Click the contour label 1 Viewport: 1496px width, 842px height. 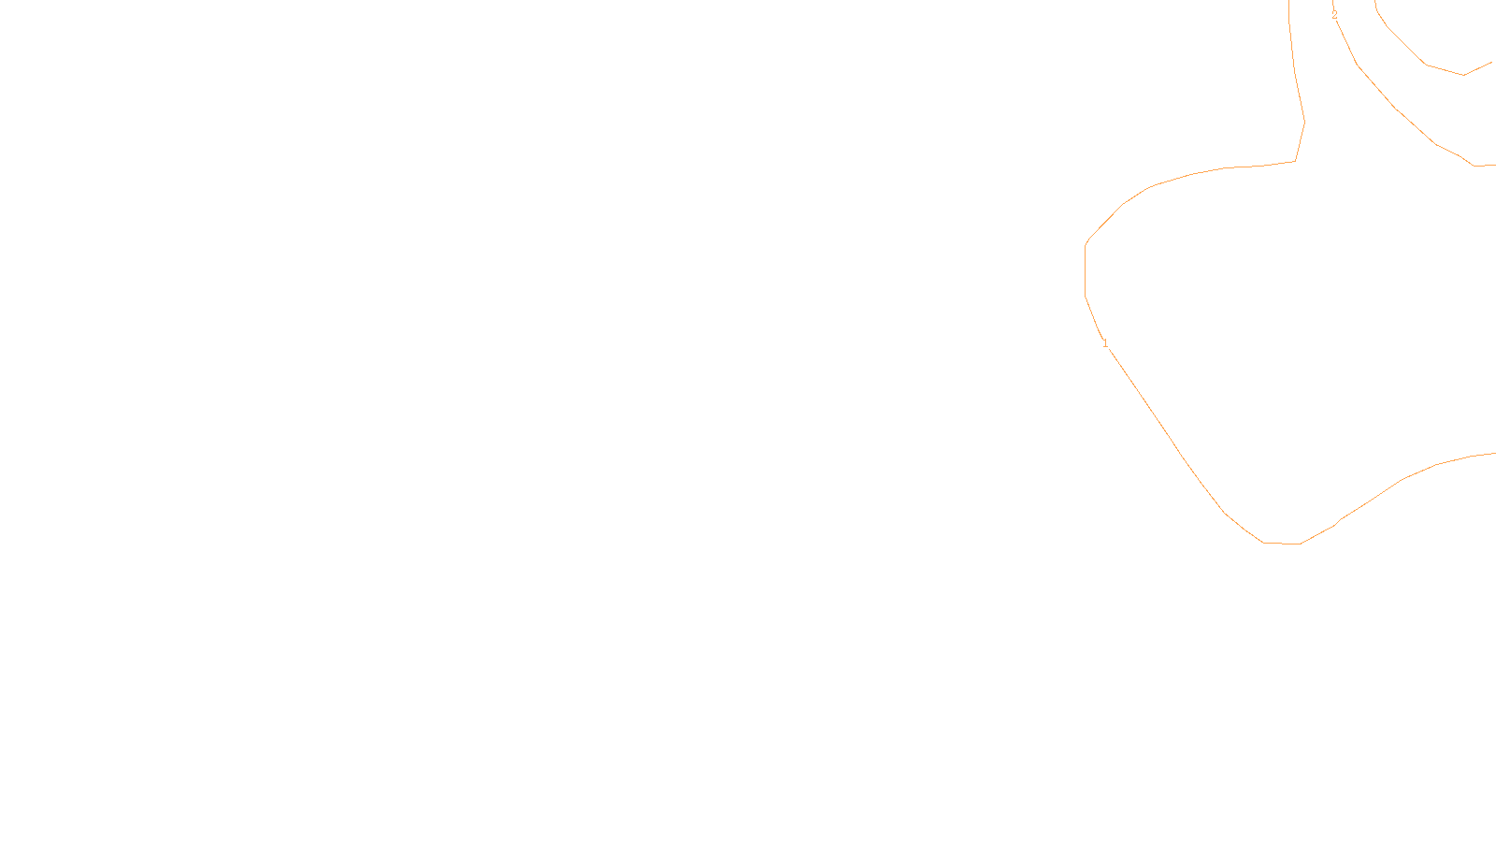pyautogui.click(x=1105, y=343)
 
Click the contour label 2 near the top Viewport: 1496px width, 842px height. pyautogui.click(x=1334, y=15)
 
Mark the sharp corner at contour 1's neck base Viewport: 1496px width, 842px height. pyautogui.click(x=1295, y=161)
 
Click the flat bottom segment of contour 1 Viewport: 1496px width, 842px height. pyautogui.click(x=1282, y=543)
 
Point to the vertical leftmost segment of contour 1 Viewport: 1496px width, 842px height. pyautogui.click(x=1086, y=271)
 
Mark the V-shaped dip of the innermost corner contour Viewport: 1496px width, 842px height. pyautogui.click(x=1463, y=75)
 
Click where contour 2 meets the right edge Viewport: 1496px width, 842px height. pyautogui.click(x=1494, y=165)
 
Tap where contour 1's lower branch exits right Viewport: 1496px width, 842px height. pyautogui.click(x=1494, y=454)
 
